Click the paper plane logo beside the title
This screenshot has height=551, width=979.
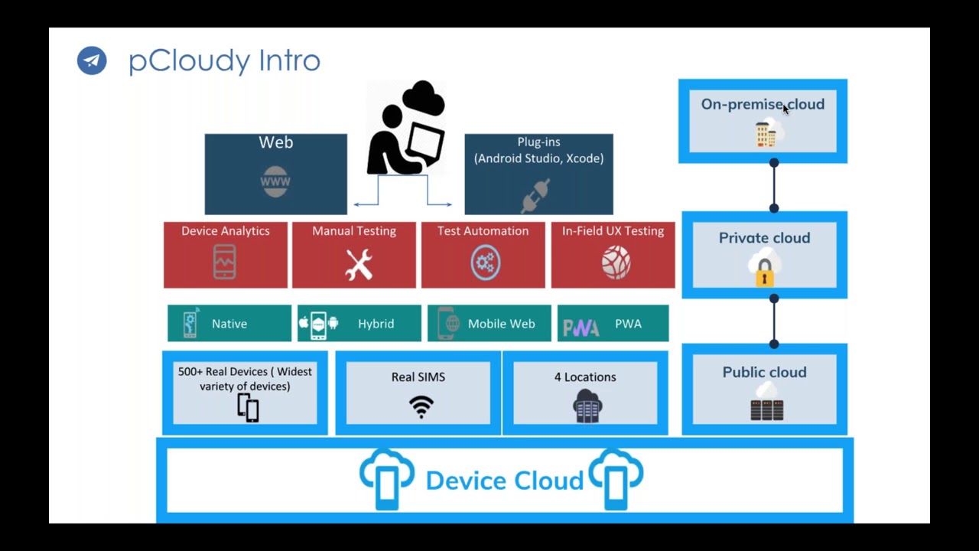coord(92,60)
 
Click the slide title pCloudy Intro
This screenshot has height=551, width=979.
coord(224,60)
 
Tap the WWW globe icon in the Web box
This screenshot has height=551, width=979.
coord(275,182)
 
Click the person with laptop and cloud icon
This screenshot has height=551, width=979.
coord(406,129)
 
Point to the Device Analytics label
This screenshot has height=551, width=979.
coord(226,231)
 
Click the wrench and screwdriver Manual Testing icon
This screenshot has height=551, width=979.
coord(358,264)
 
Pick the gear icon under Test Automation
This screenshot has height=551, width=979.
coord(485,263)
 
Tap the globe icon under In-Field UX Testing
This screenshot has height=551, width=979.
coord(616,263)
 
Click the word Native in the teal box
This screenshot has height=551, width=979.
coord(229,324)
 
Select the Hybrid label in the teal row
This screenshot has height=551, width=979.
coord(376,324)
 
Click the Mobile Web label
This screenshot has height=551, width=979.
coord(501,324)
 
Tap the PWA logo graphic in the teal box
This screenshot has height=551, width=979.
coord(581,328)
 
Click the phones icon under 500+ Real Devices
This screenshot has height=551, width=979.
coord(248,408)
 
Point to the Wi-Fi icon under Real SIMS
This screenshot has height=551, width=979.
coord(421,406)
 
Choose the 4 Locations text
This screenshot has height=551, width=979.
coord(585,377)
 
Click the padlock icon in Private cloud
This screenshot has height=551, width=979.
coord(764,272)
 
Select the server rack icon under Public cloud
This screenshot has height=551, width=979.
coord(766,409)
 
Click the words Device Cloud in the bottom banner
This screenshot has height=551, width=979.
coord(504,481)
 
